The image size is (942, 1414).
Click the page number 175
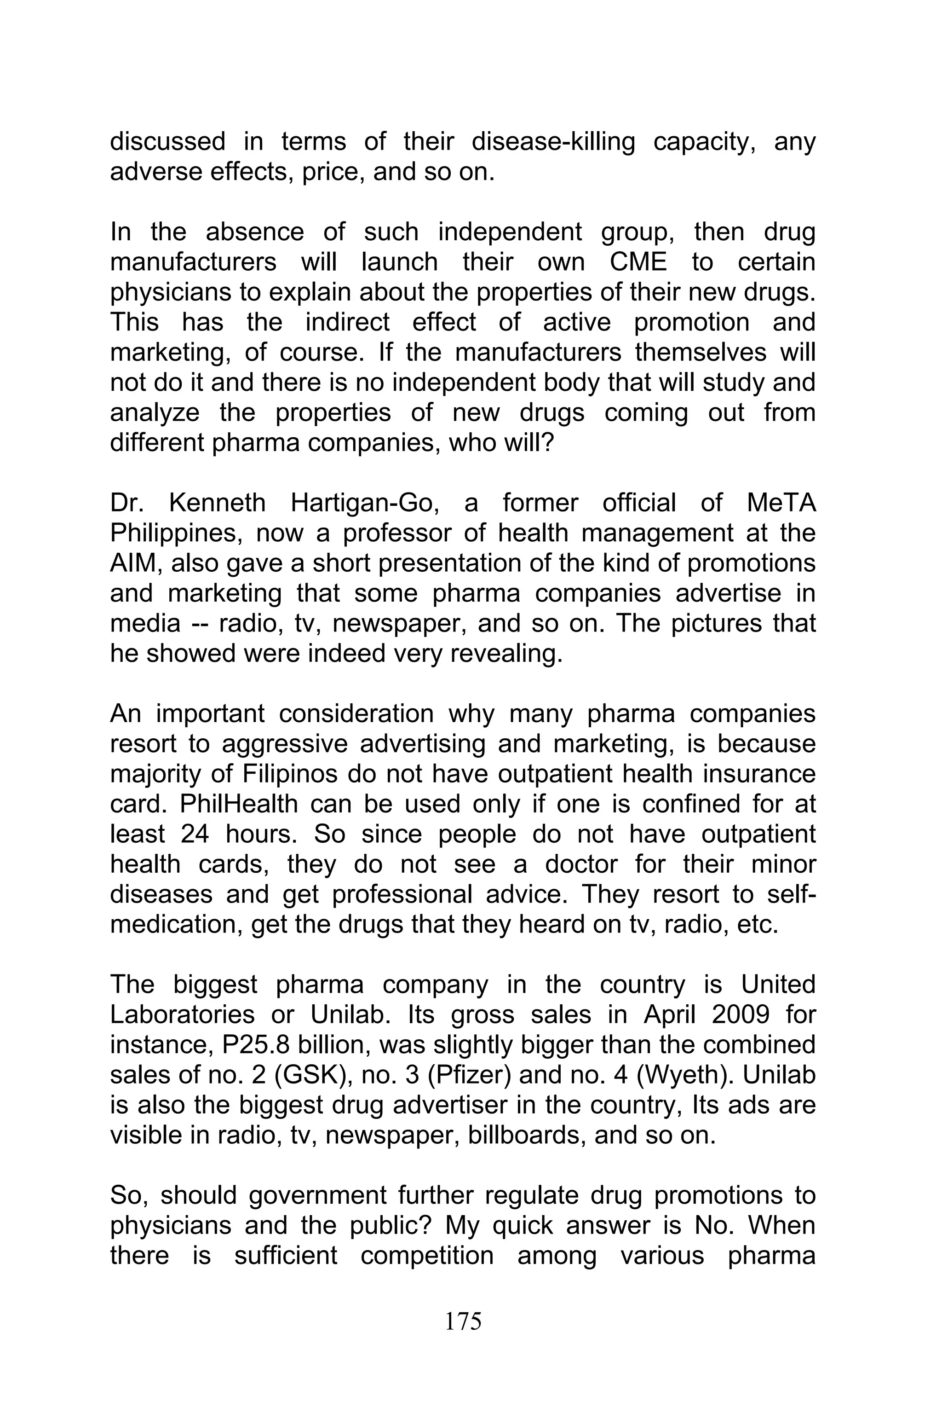[463, 1321]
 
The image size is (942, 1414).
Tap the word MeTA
[781, 503]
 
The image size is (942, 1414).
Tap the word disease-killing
[553, 142]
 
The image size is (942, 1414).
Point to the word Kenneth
[217, 503]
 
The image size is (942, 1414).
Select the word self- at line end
[791, 894]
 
